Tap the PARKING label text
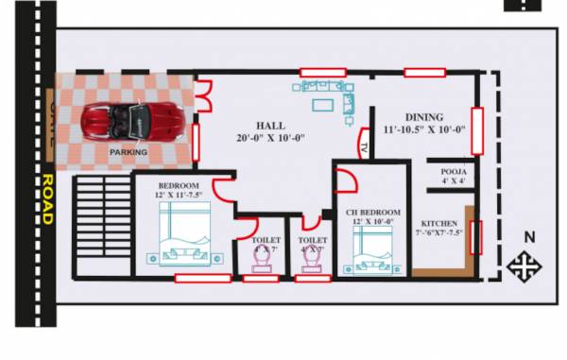click(x=128, y=152)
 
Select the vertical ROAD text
click(x=46, y=198)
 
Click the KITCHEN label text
click(x=440, y=224)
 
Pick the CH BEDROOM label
click(x=372, y=214)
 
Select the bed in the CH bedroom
click(x=370, y=249)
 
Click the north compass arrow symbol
click(x=521, y=266)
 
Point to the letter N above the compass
click(x=529, y=237)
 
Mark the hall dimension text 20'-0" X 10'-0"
click(x=269, y=139)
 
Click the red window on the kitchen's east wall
click(x=475, y=237)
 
